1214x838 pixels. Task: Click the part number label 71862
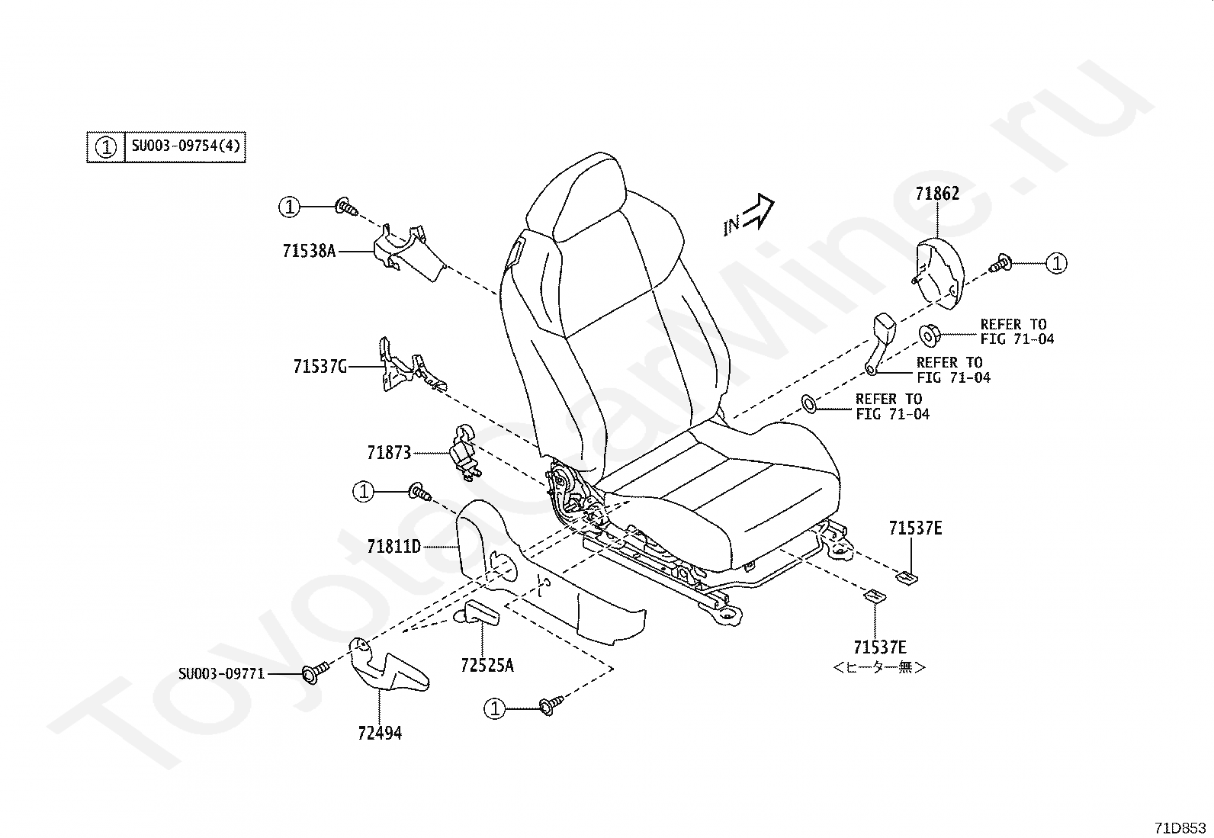937,194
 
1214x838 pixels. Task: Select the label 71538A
309,251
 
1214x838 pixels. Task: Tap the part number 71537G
320,367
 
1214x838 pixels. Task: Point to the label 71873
389,453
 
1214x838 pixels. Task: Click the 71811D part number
393,547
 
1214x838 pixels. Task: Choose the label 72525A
487,665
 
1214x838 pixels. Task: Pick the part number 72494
380,734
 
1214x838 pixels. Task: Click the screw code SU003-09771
222,674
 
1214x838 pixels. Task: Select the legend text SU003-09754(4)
185,146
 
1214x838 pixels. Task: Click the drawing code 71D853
1180,828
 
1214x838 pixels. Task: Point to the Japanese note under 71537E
879,667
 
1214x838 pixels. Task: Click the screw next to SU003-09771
316,672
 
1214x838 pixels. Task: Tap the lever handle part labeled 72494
387,666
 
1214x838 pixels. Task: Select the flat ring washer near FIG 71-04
809,403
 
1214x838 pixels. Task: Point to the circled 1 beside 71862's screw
1056,263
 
